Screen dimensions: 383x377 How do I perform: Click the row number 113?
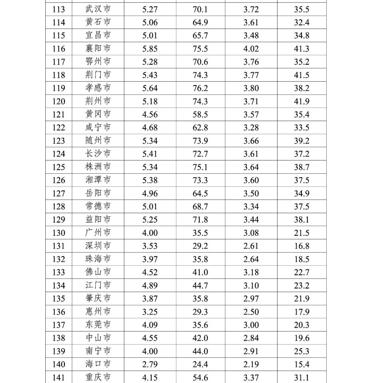point(59,9)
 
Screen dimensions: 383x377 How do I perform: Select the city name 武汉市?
point(98,9)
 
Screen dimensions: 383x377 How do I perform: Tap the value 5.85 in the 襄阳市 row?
point(150,49)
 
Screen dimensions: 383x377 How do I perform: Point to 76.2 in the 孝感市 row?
point(200,88)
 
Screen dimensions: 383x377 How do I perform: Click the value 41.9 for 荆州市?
point(302,102)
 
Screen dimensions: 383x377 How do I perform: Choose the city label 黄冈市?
point(98,114)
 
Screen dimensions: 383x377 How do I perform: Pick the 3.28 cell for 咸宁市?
point(251,128)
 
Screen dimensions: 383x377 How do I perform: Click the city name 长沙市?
point(98,154)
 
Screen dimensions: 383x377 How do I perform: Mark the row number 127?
point(59,194)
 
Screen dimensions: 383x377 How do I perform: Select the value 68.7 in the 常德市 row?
point(200,206)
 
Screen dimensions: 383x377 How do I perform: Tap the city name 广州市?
point(98,233)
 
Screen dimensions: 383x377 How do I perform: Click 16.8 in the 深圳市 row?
point(302,246)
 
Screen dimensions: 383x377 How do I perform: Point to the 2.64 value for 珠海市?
point(251,259)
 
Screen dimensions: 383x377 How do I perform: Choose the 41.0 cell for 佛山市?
point(200,272)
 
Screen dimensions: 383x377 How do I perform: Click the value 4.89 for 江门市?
point(150,286)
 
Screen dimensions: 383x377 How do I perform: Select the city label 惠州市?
point(98,311)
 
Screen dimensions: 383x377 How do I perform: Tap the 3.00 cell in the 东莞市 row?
point(251,325)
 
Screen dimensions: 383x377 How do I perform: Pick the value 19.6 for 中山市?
point(302,338)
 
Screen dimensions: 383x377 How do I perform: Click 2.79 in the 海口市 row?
point(150,365)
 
